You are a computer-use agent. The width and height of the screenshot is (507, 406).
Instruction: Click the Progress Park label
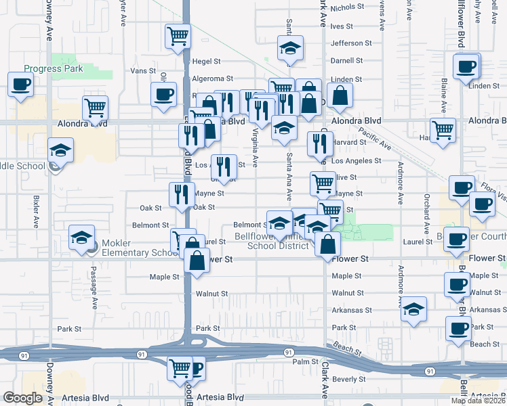point(52,68)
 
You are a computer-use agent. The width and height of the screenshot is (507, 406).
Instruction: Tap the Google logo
point(23,398)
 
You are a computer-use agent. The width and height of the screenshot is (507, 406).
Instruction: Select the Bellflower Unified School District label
point(278,241)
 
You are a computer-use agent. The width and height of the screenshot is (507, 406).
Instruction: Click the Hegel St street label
point(206,61)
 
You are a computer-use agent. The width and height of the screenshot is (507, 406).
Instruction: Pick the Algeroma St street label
point(215,78)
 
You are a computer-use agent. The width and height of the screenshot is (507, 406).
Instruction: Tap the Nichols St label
point(348,7)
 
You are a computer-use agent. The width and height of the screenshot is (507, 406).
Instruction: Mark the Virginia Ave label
point(256,148)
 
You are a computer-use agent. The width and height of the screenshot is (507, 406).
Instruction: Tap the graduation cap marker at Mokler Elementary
point(81,238)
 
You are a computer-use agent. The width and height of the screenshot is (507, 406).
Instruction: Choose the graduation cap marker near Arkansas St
point(413,309)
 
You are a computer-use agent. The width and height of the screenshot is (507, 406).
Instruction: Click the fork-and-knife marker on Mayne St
point(181,194)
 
